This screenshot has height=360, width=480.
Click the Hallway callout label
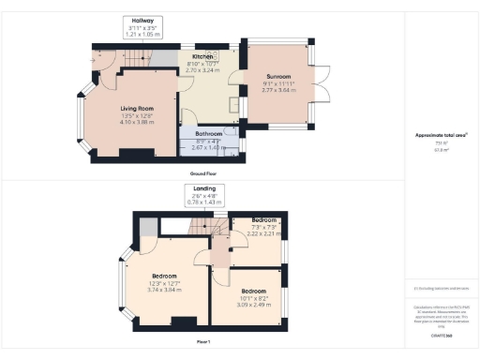[142, 21]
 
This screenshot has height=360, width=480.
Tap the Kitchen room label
[203, 58]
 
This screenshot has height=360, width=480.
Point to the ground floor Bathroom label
[208, 134]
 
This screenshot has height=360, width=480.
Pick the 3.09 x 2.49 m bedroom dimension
[246, 305]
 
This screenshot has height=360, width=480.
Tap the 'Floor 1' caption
[202, 338]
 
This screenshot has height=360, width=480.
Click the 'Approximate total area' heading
[441, 135]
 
